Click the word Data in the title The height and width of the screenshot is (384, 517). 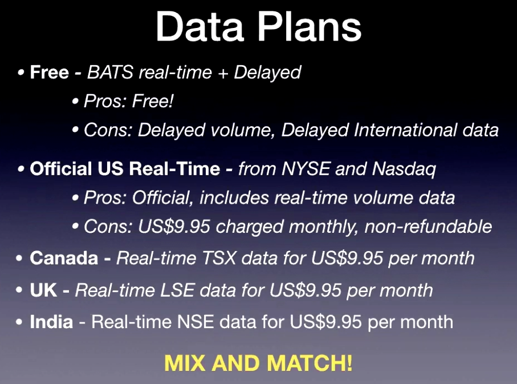[200, 26]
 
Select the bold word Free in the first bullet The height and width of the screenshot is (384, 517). [50, 72]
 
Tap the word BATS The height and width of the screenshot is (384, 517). [110, 72]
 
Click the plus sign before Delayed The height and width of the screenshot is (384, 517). [223, 73]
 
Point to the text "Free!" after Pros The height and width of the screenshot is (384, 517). [153, 100]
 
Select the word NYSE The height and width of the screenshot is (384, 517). [306, 169]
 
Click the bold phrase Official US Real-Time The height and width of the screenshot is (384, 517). [125, 169]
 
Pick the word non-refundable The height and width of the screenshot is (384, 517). [428, 227]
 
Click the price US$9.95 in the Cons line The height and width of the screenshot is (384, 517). [174, 227]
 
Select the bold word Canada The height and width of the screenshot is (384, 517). [64, 258]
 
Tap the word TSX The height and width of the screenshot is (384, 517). [219, 258]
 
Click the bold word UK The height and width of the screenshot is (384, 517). [43, 290]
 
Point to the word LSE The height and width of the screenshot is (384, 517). [177, 290]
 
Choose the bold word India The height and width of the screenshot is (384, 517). [51, 322]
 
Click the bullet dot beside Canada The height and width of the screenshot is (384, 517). [19, 258]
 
